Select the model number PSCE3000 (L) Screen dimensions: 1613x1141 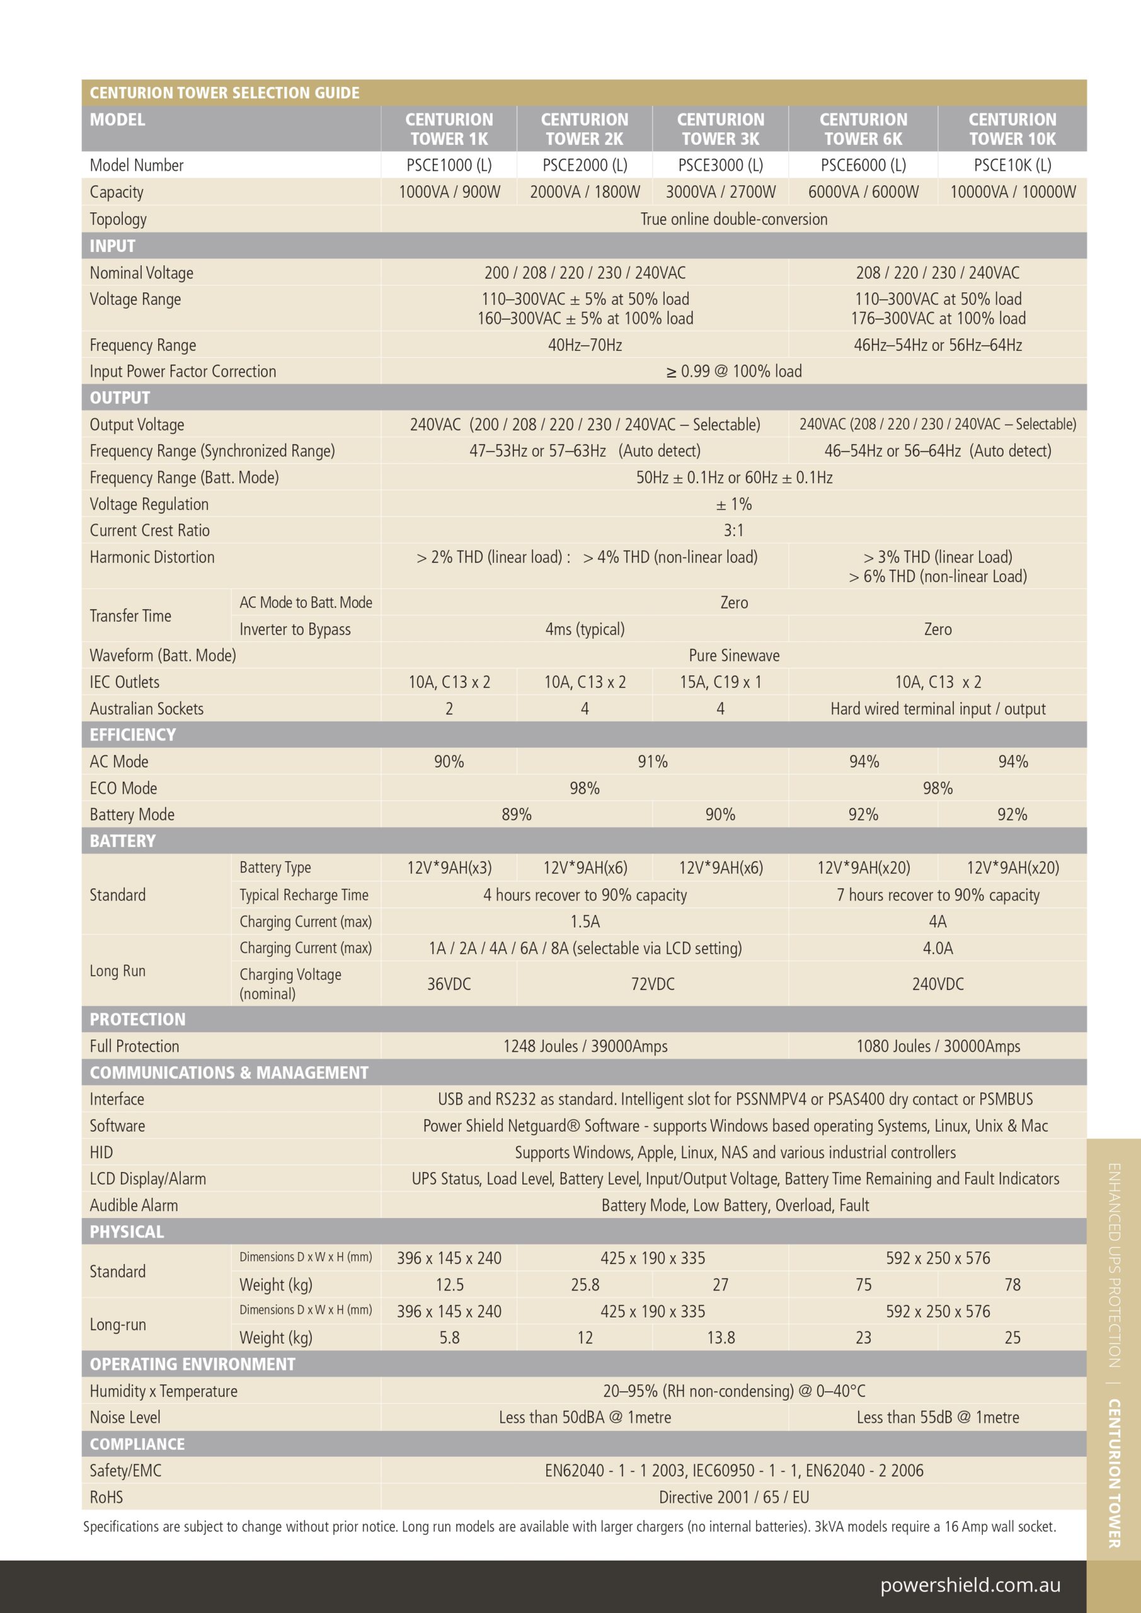click(720, 165)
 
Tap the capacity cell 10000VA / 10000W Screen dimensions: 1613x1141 click(1012, 192)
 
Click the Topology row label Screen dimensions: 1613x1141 click(118, 219)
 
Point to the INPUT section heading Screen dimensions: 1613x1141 click(112, 246)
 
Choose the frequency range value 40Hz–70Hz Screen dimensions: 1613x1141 click(585, 345)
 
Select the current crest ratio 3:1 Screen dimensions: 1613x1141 click(733, 531)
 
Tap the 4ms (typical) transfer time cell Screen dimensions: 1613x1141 click(585, 629)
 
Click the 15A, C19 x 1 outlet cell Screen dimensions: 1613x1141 click(720, 682)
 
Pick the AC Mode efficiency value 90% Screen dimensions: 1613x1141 click(449, 762)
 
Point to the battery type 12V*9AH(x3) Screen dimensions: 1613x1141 click(449, 868)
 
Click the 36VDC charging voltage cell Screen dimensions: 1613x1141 click(449, 984)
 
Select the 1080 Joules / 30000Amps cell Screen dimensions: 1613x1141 click(938, 1046)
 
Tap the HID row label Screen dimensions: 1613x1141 click(101, 1152)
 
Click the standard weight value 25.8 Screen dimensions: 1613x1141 click(585, 1285)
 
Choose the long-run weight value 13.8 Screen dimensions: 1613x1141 click(720, 1338)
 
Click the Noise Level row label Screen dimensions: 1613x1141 click(125, 1417)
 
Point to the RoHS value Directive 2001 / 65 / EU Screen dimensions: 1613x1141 click(733, 1497)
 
